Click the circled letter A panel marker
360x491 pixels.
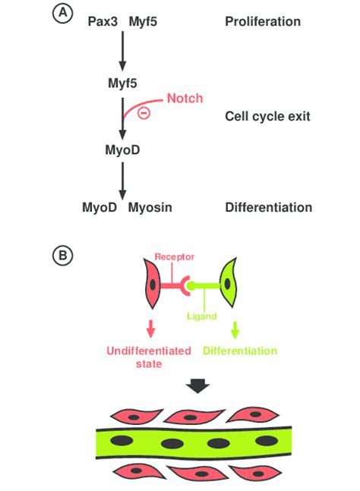pyautogui.click(x=63, y=14)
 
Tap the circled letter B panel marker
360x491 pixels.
pyautogui.click(x=63, y=255)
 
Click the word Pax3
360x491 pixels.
pyautogui.click(x=103, y=21)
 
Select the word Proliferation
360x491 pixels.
pyautogui.click(x=263, y=21)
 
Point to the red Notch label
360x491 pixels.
pyautogui.click(x=185, y=99)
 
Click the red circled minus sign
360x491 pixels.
pyautogui.click(x=144, y=113)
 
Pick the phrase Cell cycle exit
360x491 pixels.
pyautogui.click(x=267, y=116)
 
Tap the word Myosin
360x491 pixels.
pyautogui.click(x=150, y=208)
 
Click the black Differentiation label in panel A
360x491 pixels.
pyautogui.click(x=269, y=208)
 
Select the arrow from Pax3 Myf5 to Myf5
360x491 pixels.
pyautogui.click(x=122, y=51)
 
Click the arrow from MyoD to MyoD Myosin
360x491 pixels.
pyautogui.click(x=122, y=181)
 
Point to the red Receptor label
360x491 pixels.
pyautogui.click(x=175, y=257)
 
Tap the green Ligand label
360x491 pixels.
pyautogui.click(x=202, y=316)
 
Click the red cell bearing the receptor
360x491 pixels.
pyautogui.click(x=152, y=284)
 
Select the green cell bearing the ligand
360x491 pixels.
pyautogui.click(x=228, y=283)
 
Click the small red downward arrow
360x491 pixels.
pyautogui.click(x=151, y=329)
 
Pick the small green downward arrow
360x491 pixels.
pyautogui.click(x=235, y=330)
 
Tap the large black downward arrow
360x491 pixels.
pyautogui.click(x=197, y=386)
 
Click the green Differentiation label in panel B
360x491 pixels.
pyautogui.click(x=240, y=351)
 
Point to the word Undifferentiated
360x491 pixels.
pyautogui.click(x=149, y=351)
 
